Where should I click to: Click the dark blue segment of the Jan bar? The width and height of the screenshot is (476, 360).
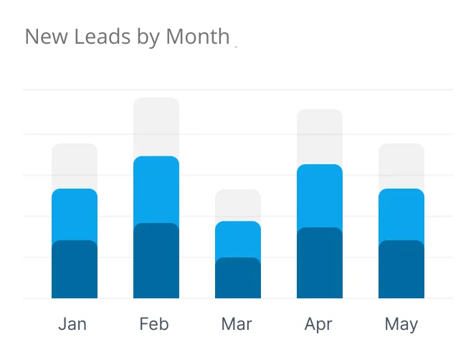(75, 270)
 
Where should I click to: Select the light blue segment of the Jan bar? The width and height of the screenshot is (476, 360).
(75, 214)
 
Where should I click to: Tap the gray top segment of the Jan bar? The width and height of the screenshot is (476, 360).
(75, 166)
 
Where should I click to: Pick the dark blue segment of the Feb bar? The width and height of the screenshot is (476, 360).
(156, 261)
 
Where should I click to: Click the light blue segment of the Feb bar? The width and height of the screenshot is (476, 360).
(156, 190)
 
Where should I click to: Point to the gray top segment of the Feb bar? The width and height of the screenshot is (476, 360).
(156, 127)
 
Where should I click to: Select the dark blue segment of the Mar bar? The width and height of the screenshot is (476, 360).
(238, 278)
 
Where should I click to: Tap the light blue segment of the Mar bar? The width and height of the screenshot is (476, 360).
(238, 240)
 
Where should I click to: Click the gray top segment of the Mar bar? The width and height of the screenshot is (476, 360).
(238, 206)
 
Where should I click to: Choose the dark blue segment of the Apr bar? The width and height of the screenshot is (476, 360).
(320, 263)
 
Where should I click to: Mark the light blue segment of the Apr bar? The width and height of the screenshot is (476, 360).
(320, 196)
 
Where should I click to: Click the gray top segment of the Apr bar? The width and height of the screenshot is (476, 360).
(320, 137)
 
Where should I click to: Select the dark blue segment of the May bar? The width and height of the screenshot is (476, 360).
(401, 270)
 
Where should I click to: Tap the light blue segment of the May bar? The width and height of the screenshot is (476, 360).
(401, 214)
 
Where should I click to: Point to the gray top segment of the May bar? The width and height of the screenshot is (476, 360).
(401, 166)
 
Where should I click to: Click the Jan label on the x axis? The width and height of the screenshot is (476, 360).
(72, 324)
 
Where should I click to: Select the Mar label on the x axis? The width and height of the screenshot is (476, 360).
(237, 324)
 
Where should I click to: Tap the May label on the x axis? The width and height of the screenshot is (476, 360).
(401, 324)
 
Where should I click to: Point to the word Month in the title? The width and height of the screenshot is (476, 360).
(198, 36)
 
